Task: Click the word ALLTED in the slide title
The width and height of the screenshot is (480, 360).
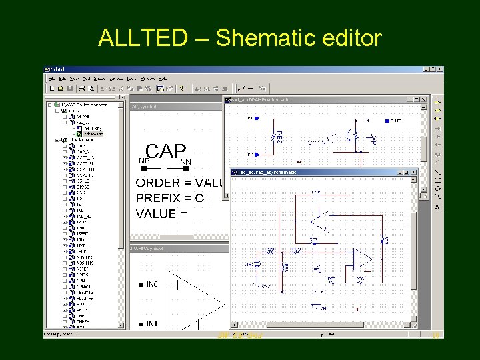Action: pyautogui.click(x=143, y=38)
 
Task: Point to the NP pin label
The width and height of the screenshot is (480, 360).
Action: pyautogui.click(x=143, y=161)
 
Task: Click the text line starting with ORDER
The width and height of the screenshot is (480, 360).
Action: pyautogui.click(x=179, y=183)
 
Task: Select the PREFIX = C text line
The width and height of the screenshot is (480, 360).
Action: pyautogui.click(x=169, y=198)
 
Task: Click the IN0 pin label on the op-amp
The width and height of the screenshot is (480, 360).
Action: pyautogui.click(x=152, y=285)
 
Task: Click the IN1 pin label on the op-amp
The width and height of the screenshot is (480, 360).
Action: pyautogui.click(x=152, y=323)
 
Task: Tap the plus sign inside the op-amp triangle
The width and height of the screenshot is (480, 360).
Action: pyautogui.click(x=178, y=285)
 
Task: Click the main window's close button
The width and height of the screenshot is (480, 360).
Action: pyautogui.click(x=439, y=69)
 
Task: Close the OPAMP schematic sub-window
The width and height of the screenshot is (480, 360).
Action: pyautogui.click(x=422, y=99)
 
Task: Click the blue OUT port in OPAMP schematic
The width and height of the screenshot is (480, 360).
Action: pyautogui.click(x=395, y=121)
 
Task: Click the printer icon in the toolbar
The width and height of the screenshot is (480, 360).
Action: pyautogui.click(x=81, y=88)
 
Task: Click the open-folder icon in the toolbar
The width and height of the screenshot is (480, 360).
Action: pyautogui.click(x=60, y=88)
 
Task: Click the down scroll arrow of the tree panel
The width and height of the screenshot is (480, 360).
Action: pyautogui.click(x=121, y=325)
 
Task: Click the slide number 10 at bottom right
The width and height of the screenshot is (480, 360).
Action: pyautogui.click(x=437, y=335)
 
